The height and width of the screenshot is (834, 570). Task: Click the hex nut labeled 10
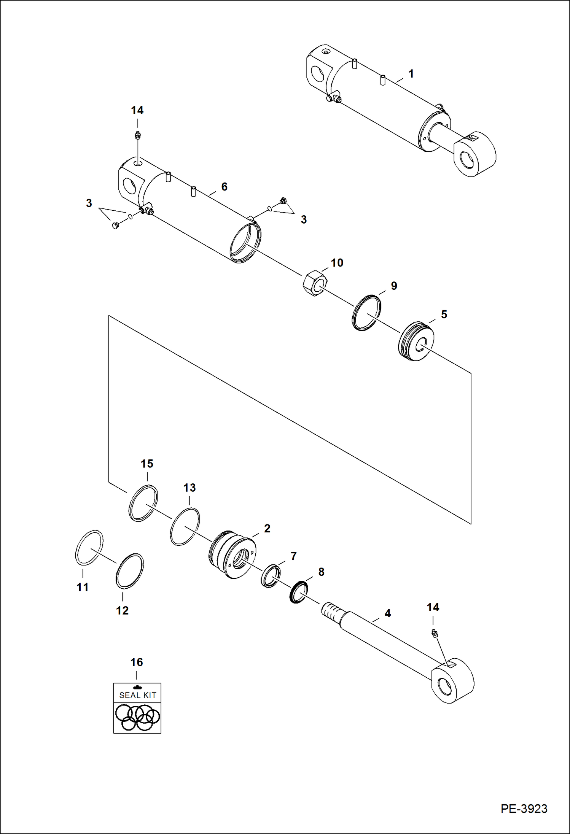click(315, 283)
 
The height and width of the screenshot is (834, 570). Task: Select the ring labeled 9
click(366, 313)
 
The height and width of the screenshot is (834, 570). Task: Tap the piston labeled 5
click(416, 341)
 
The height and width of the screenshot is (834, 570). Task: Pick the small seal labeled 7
click(271, 576)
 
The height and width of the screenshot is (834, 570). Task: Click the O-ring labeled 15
click(143, 503)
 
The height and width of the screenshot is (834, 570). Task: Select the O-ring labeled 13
click(185, 526)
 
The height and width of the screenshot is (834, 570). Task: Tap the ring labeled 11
click(89, 547)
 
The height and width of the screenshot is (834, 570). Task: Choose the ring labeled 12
click(129, 571)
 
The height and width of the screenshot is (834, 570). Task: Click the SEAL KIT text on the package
click(137, 695)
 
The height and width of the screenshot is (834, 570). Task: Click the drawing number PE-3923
click(524, 809)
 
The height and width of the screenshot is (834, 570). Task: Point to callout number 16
click(136, 662)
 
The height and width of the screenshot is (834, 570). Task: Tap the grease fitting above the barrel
click(137, 136)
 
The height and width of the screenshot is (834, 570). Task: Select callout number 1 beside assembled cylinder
click(411, 73)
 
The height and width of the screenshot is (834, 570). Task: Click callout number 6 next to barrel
click(224, 186)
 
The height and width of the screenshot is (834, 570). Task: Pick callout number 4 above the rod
click(387, 613)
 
